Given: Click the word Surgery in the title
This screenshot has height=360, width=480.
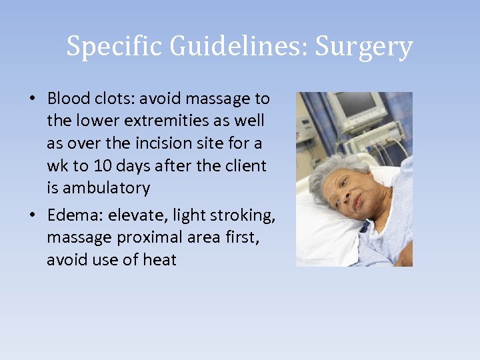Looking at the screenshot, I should click(364, 47).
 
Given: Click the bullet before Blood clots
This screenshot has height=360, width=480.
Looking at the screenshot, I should click(32, 99).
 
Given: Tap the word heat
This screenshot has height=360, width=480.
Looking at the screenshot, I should click(159, 259).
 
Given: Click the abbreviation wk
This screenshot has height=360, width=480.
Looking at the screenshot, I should click(57, 165).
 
